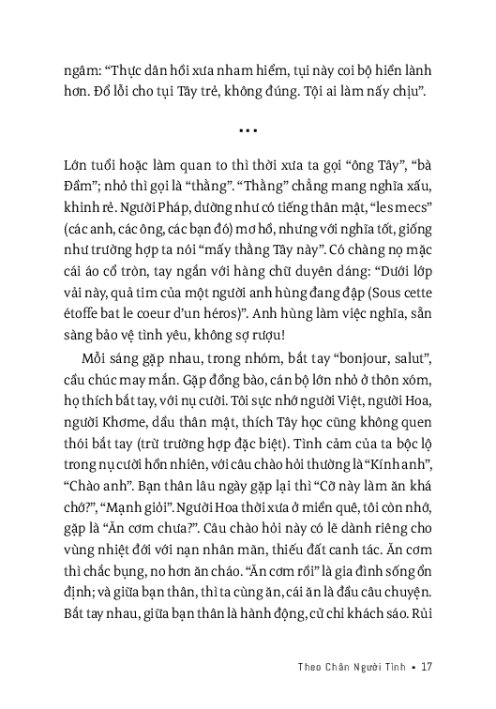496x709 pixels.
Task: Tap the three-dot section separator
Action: [x=248, y=131]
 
